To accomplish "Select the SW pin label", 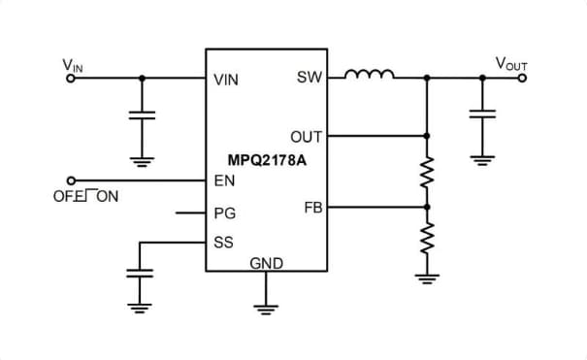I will tap(309, 78).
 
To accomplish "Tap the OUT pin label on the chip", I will tap(306, 136).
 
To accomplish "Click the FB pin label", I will tap(312, 207).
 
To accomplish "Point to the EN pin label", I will tap(223, 180).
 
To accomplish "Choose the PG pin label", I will tap(224, 213).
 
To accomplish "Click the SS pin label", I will tap(223, 242).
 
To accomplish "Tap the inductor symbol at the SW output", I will tap(370, 74).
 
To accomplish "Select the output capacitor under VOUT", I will tap(481, 115).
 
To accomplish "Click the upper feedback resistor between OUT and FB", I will tap(426, 172).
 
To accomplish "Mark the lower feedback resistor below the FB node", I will tap(426, 236).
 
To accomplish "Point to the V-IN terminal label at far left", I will tap(73, 65).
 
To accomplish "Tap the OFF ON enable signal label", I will tap(85, 197).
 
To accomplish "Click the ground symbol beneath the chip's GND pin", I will tap(265, 309).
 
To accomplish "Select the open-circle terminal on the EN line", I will tap(70, 180).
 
